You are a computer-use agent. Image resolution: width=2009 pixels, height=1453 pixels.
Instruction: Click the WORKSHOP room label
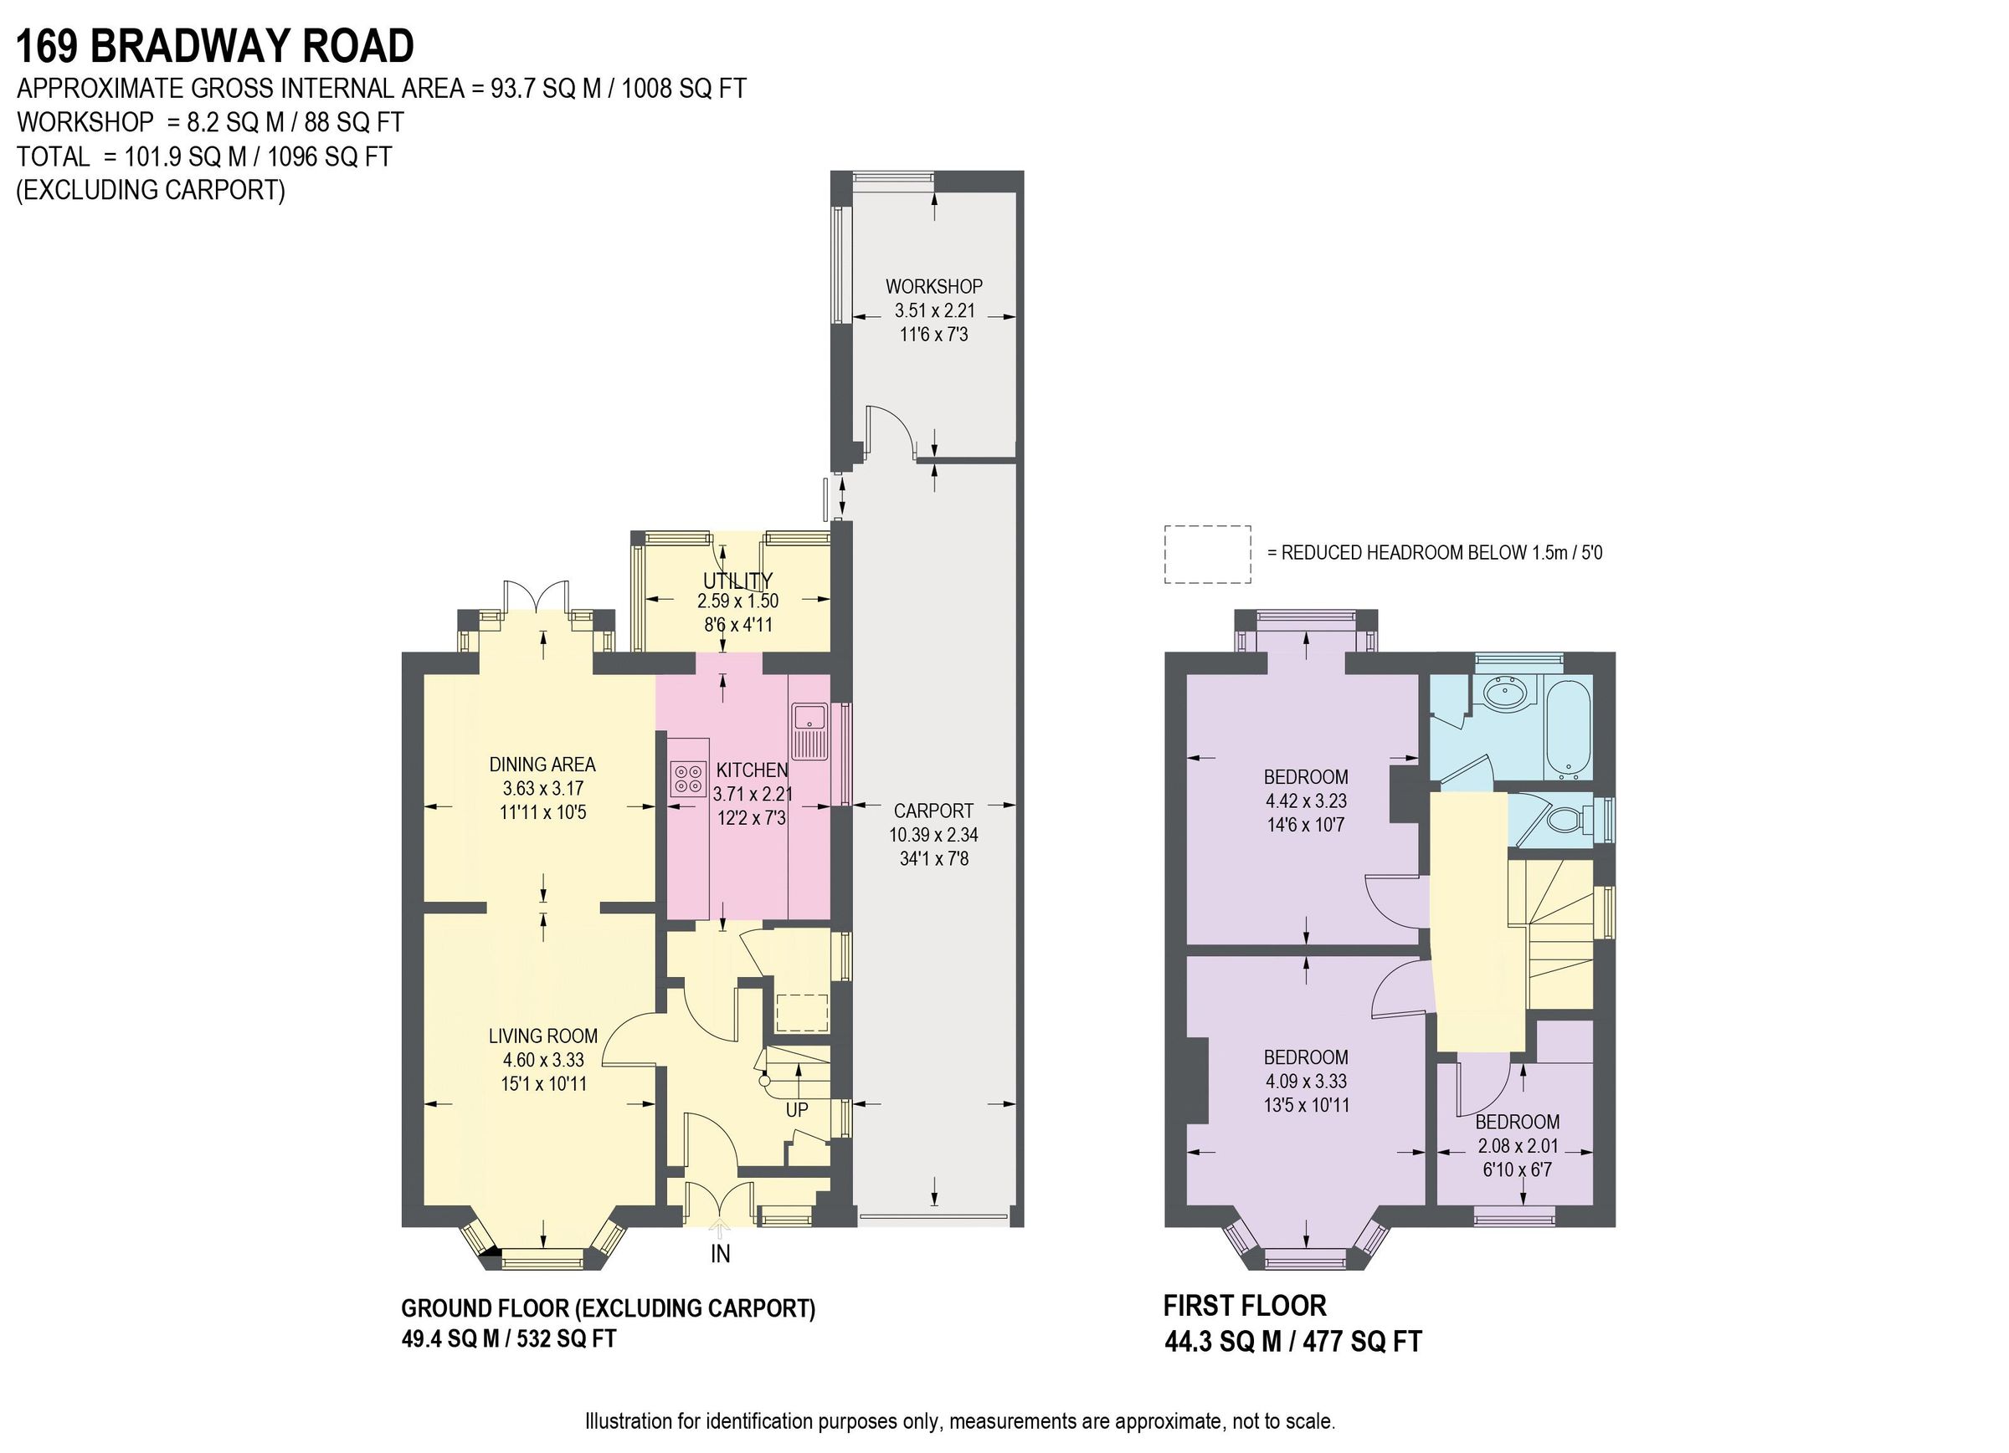(933, 286)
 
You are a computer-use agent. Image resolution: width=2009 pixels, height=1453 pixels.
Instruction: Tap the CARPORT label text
(933, 811)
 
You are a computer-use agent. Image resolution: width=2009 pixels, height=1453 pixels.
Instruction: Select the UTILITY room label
(737, 580)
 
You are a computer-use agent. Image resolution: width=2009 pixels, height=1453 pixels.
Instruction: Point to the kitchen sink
(809, 731)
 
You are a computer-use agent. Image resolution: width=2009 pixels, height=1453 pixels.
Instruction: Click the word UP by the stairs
(796, 1109)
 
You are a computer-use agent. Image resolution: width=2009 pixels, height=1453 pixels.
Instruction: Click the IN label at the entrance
(720, 1254)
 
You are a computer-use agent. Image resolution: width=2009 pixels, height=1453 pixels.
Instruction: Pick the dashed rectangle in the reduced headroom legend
(1206, 555)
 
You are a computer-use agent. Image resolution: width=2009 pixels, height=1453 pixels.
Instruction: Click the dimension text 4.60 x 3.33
(543, 1059)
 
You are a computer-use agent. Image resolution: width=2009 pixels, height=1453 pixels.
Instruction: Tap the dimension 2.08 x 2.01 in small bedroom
(1518, 1145)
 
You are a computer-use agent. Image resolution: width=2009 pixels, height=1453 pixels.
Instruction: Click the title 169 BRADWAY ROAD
(215, 46)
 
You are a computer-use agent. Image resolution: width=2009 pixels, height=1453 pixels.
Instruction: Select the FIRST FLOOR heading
(1244, 1305)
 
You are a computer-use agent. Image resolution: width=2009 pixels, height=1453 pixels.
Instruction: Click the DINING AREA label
(542, 764)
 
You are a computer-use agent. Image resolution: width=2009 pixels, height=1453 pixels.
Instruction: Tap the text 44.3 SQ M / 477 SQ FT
(1292, 1342)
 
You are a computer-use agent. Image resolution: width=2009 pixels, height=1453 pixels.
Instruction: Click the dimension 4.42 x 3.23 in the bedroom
(1306, 801)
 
